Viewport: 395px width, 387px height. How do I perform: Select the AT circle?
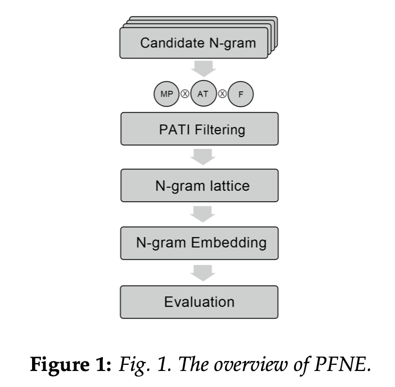[x=203, y=94]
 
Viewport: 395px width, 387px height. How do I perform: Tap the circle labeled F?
[x=241, y=94]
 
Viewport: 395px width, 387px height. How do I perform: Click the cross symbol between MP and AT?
[x=184, y=94]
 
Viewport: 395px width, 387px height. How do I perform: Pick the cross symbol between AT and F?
[x=222, y=94]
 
